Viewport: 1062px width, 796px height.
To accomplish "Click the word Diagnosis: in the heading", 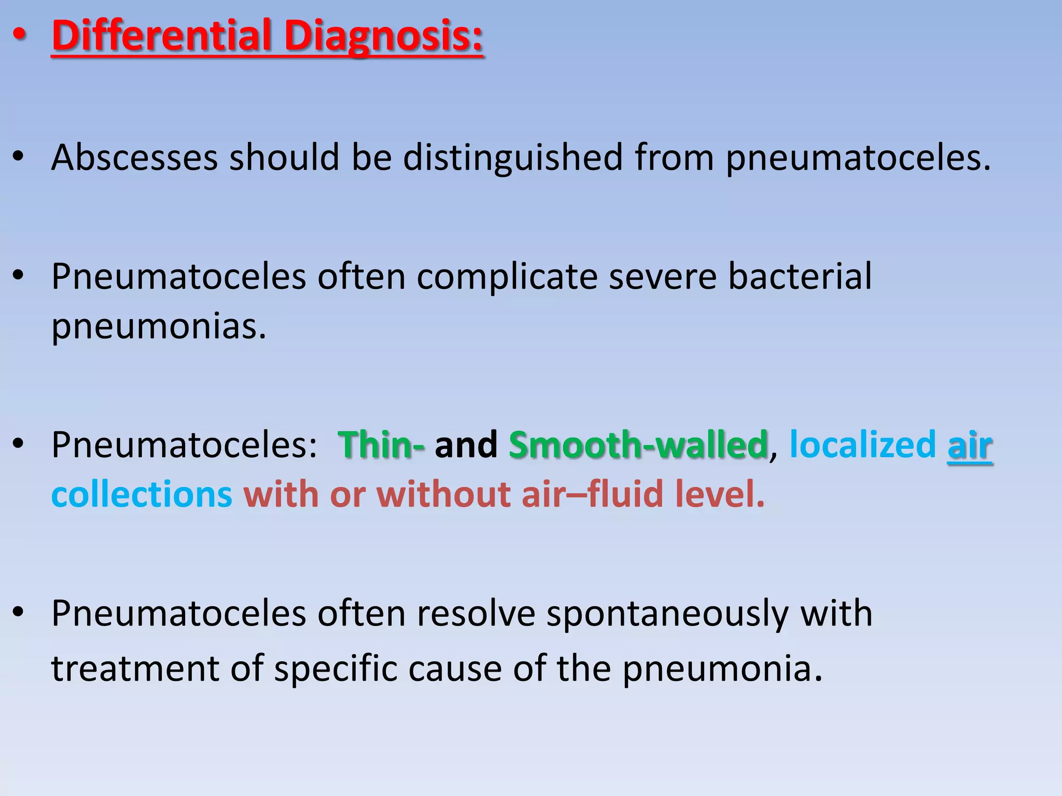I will [383, 36].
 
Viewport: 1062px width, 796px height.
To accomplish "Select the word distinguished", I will [512, 158].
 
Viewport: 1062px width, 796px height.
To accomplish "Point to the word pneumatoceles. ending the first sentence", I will [858, 158].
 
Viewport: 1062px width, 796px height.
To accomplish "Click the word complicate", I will [507, 277].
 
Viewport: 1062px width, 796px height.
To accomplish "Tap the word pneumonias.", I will [159, 327].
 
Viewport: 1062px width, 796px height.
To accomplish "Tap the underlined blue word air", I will [969, 446].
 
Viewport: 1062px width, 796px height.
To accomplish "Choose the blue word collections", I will [142, 494].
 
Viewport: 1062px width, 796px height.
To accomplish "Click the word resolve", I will [476, 615].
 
